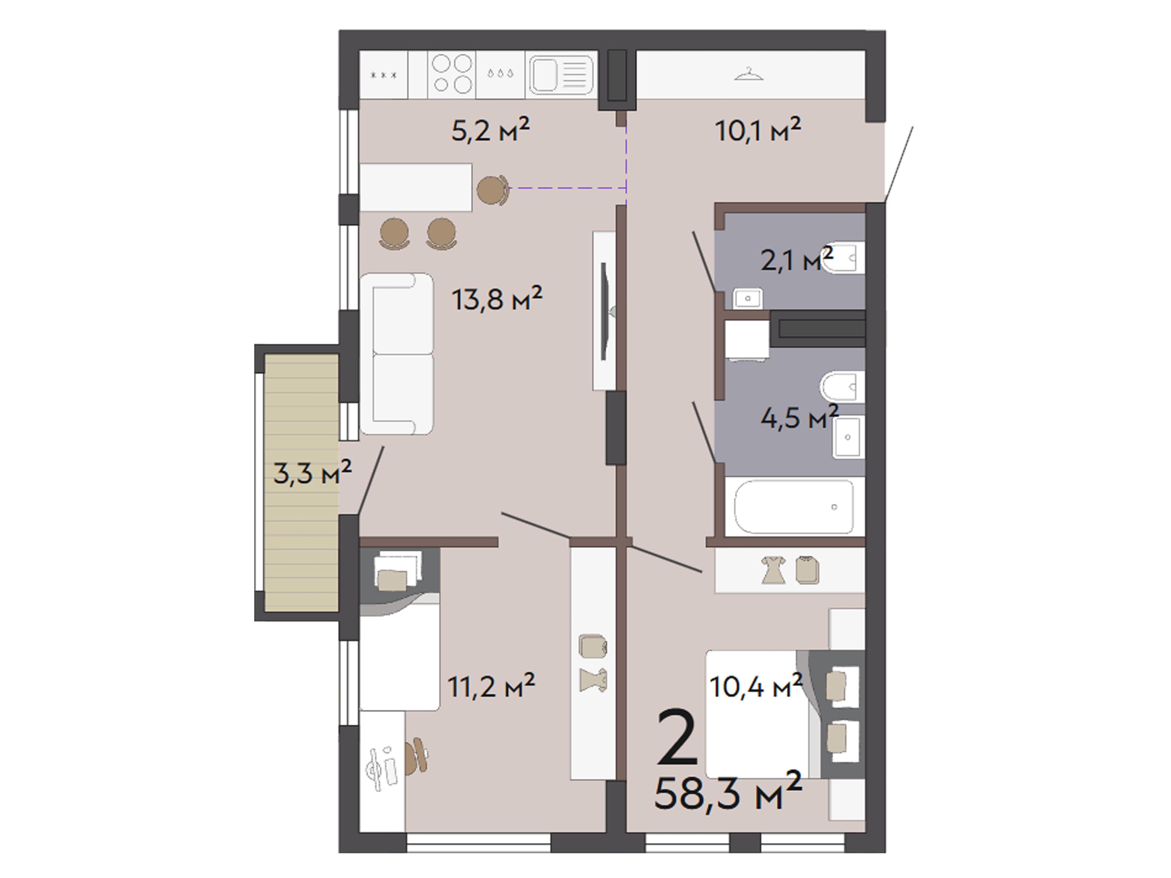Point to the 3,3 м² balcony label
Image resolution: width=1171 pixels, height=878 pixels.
point(312,472)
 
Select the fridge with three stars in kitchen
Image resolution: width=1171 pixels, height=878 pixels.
point(384,75)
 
